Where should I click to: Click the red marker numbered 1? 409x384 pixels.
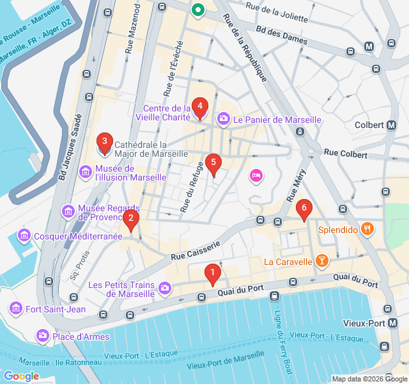pyautogui.click(x=212, y=274)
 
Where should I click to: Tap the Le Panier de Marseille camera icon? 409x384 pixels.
pyautogui.click(x=224, y=118)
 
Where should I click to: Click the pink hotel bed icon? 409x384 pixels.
pyautogui.click(x=256, y=175)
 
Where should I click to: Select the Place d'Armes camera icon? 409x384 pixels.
pyautogui.click(x=43, y=335)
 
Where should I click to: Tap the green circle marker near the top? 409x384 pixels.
pyautogui.click(x=198, y=10)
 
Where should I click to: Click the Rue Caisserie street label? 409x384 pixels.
pyautogui.click(x=195, y=250)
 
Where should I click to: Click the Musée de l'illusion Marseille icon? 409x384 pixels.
pyautogui.click(x=85, y=172)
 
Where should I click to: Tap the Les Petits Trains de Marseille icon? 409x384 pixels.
pyautogui.click(x=165, y=289)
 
